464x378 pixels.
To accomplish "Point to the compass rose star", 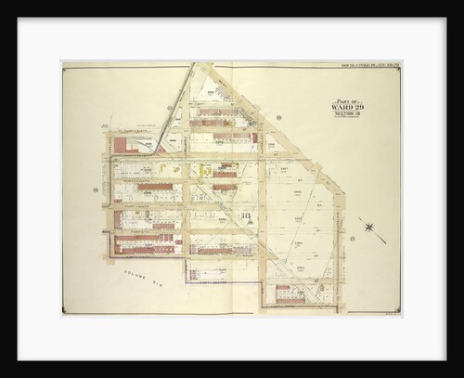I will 368,227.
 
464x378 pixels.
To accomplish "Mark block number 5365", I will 298,219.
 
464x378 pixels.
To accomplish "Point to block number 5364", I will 298,243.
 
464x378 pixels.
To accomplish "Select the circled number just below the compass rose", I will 354,239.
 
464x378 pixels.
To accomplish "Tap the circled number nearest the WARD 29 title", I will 277,118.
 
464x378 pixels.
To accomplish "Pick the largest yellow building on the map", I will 206,171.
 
